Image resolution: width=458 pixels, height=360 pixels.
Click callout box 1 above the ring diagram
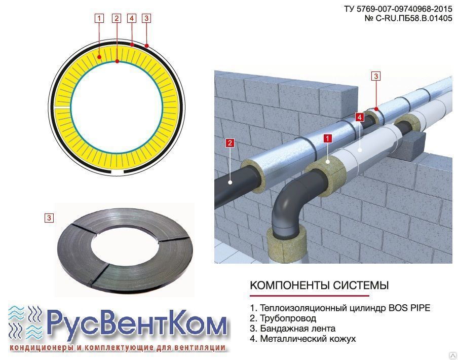click(x=99, y=18)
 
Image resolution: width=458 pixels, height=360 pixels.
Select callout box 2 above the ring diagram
click(x=117, y=18)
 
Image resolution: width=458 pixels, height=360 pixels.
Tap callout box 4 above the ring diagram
click(x=132, y=18)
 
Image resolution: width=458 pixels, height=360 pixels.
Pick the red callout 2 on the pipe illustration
click(x=230, y=143)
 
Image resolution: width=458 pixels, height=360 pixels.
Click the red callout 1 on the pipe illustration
click(x=328, y=138)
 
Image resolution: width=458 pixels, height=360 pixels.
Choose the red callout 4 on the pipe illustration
click(x=360, y=117)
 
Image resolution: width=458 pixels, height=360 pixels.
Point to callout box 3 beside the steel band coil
click(x=49, y=218)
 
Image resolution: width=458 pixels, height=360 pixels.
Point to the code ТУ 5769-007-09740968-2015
click(x=398, y=9)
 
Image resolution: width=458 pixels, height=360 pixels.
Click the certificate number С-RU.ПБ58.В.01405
click(x=413, y=18)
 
